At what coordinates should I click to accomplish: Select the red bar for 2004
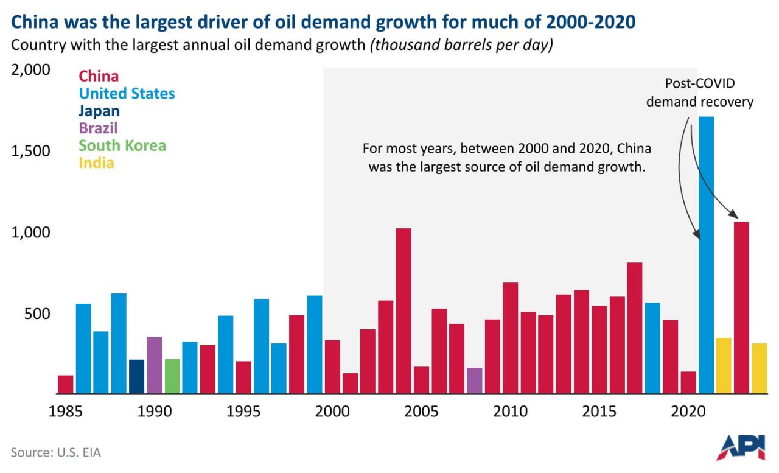click(403, 310)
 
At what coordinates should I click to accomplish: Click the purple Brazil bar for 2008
click(475, 380)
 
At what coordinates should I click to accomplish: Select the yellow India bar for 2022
click(724, 365)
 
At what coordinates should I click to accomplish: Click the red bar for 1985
click(66, 384)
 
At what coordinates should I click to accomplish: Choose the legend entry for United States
click(127, 94)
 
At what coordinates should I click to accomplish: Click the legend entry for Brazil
click(98, 128)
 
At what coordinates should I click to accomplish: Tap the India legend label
click(96, 163)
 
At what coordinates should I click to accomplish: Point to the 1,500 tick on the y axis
click(30, 152)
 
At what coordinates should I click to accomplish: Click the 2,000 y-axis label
click(30, 70)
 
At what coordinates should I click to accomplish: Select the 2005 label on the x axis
click(421, 412)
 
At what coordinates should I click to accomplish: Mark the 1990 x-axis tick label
click(155, 412)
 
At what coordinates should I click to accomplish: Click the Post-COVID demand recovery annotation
click(699, 93)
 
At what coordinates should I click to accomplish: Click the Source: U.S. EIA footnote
click(55, 452)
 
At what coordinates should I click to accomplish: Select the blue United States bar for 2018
click(652, 348)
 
